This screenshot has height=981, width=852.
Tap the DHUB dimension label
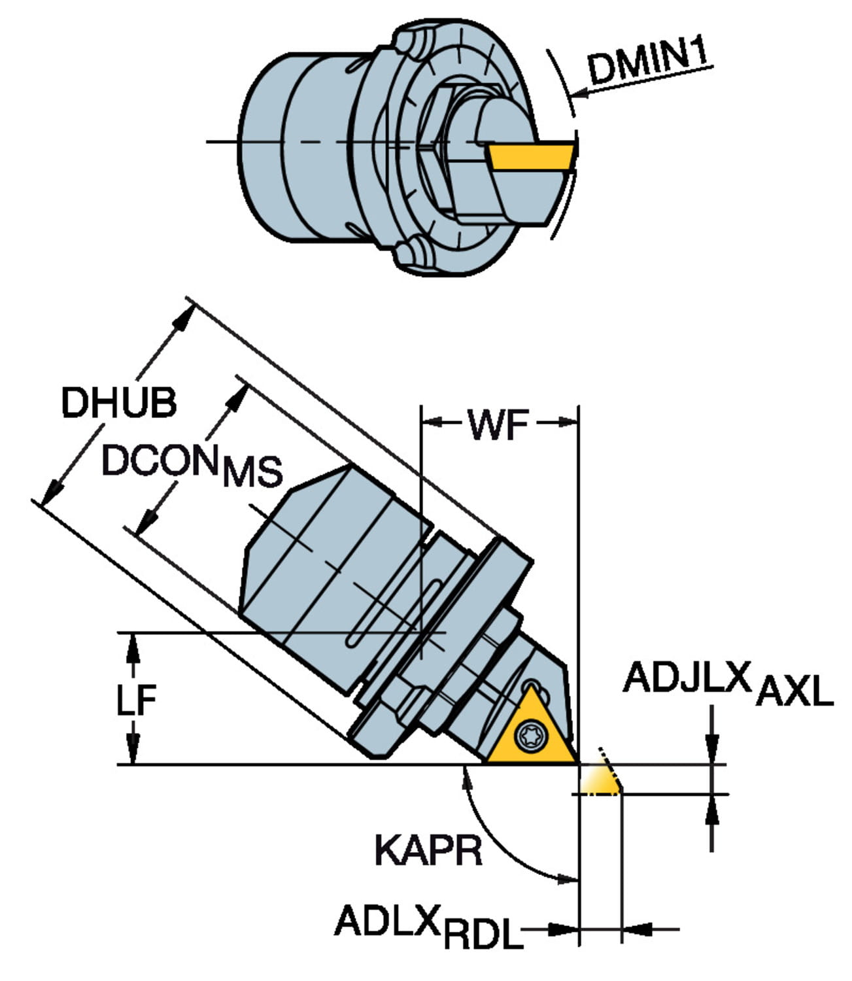[x=118, y=403]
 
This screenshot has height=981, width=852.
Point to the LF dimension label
[x=136, y=699]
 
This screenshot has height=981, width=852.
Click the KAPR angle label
[x=428, y=850]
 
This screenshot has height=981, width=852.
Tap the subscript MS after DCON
[x=252, y=472]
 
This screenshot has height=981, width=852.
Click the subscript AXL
[x=794, y=692]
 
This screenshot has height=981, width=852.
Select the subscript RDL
[x=484, y=935]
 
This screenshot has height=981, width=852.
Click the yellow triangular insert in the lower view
[x=531, y=732]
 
